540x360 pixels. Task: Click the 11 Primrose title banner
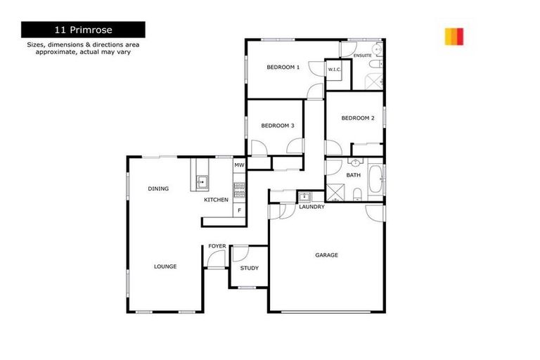pos(83,30)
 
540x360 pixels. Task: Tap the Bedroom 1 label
pos(283,67)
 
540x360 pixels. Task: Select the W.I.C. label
pos(335,69)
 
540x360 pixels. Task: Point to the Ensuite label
pos(363,54)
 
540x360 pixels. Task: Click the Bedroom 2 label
pos(358,118)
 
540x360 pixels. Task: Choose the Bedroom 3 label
pos(277,126)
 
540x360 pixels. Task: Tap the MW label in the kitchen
pos(239,166)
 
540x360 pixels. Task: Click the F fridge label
pos(239,210)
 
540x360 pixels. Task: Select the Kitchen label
pos(216,200)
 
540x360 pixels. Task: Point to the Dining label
pos(158,188)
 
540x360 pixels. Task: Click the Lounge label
pos(165,266)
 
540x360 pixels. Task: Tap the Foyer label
pos(217,246)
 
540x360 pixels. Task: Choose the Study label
pos(250,268)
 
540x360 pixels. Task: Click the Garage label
pos(326,255)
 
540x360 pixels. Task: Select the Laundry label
pos(311,207)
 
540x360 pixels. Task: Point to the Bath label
pos(353,175)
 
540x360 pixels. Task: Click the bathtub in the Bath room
pos(375,183)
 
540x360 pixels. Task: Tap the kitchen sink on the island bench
pos(201,182)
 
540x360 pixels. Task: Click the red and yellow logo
pos(454,37)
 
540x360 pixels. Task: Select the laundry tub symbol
pos(305,197)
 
